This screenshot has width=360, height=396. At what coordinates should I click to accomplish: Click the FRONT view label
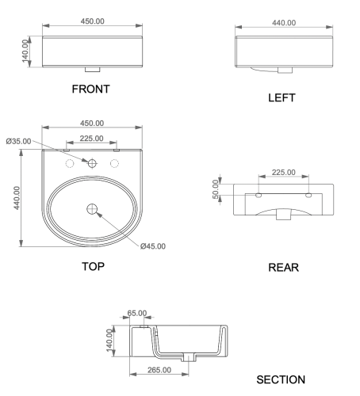(90, 89)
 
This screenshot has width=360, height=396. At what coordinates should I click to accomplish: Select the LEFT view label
(281, 98)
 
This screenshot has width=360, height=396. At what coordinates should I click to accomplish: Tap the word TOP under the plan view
(93, 267)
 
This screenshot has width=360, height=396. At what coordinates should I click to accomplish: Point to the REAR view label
(283, 268)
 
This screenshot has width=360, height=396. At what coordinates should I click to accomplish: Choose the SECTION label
(281, 380)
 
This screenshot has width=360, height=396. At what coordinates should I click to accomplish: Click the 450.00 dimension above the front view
(91, 21)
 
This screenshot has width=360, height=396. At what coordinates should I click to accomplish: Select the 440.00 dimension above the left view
(283, 23)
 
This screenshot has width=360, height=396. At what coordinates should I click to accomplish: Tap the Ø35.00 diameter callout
(18, 141)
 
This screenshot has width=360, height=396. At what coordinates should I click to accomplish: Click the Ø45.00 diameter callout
(153, 246)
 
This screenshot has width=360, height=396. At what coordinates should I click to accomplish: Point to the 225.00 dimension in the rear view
(283, 172)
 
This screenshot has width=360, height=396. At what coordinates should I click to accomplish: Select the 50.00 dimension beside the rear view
(216, 190)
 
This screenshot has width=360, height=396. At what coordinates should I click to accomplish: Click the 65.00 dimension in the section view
(136, 314)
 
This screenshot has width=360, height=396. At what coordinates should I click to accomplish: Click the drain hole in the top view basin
(92, 209)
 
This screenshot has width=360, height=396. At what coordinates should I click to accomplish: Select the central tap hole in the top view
(92, 162)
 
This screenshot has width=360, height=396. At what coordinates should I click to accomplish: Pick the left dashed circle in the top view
(70, 162)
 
